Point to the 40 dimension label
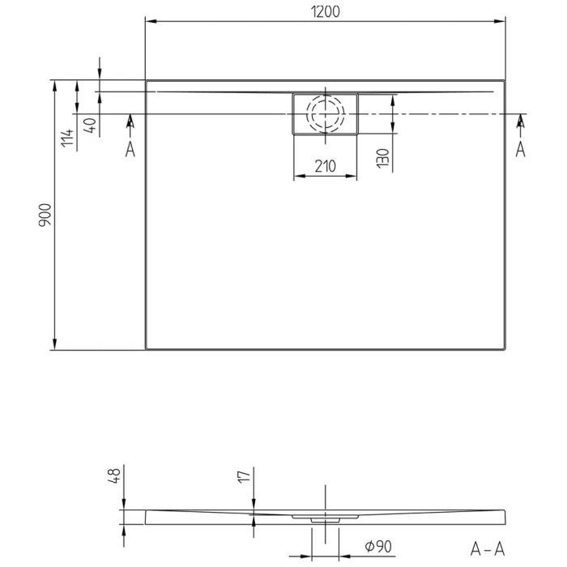point(90,126)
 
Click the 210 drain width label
point(324,167)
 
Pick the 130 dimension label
point(383,157)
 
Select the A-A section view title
point(489,548)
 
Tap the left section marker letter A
point(130,149)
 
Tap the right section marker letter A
point(520,149)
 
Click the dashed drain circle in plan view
point(325,114)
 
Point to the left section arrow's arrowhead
point(130,119)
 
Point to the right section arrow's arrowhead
point(520,119)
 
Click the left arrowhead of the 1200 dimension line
point(151,21)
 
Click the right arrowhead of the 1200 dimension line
point(500,21)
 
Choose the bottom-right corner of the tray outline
point(504,349)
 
